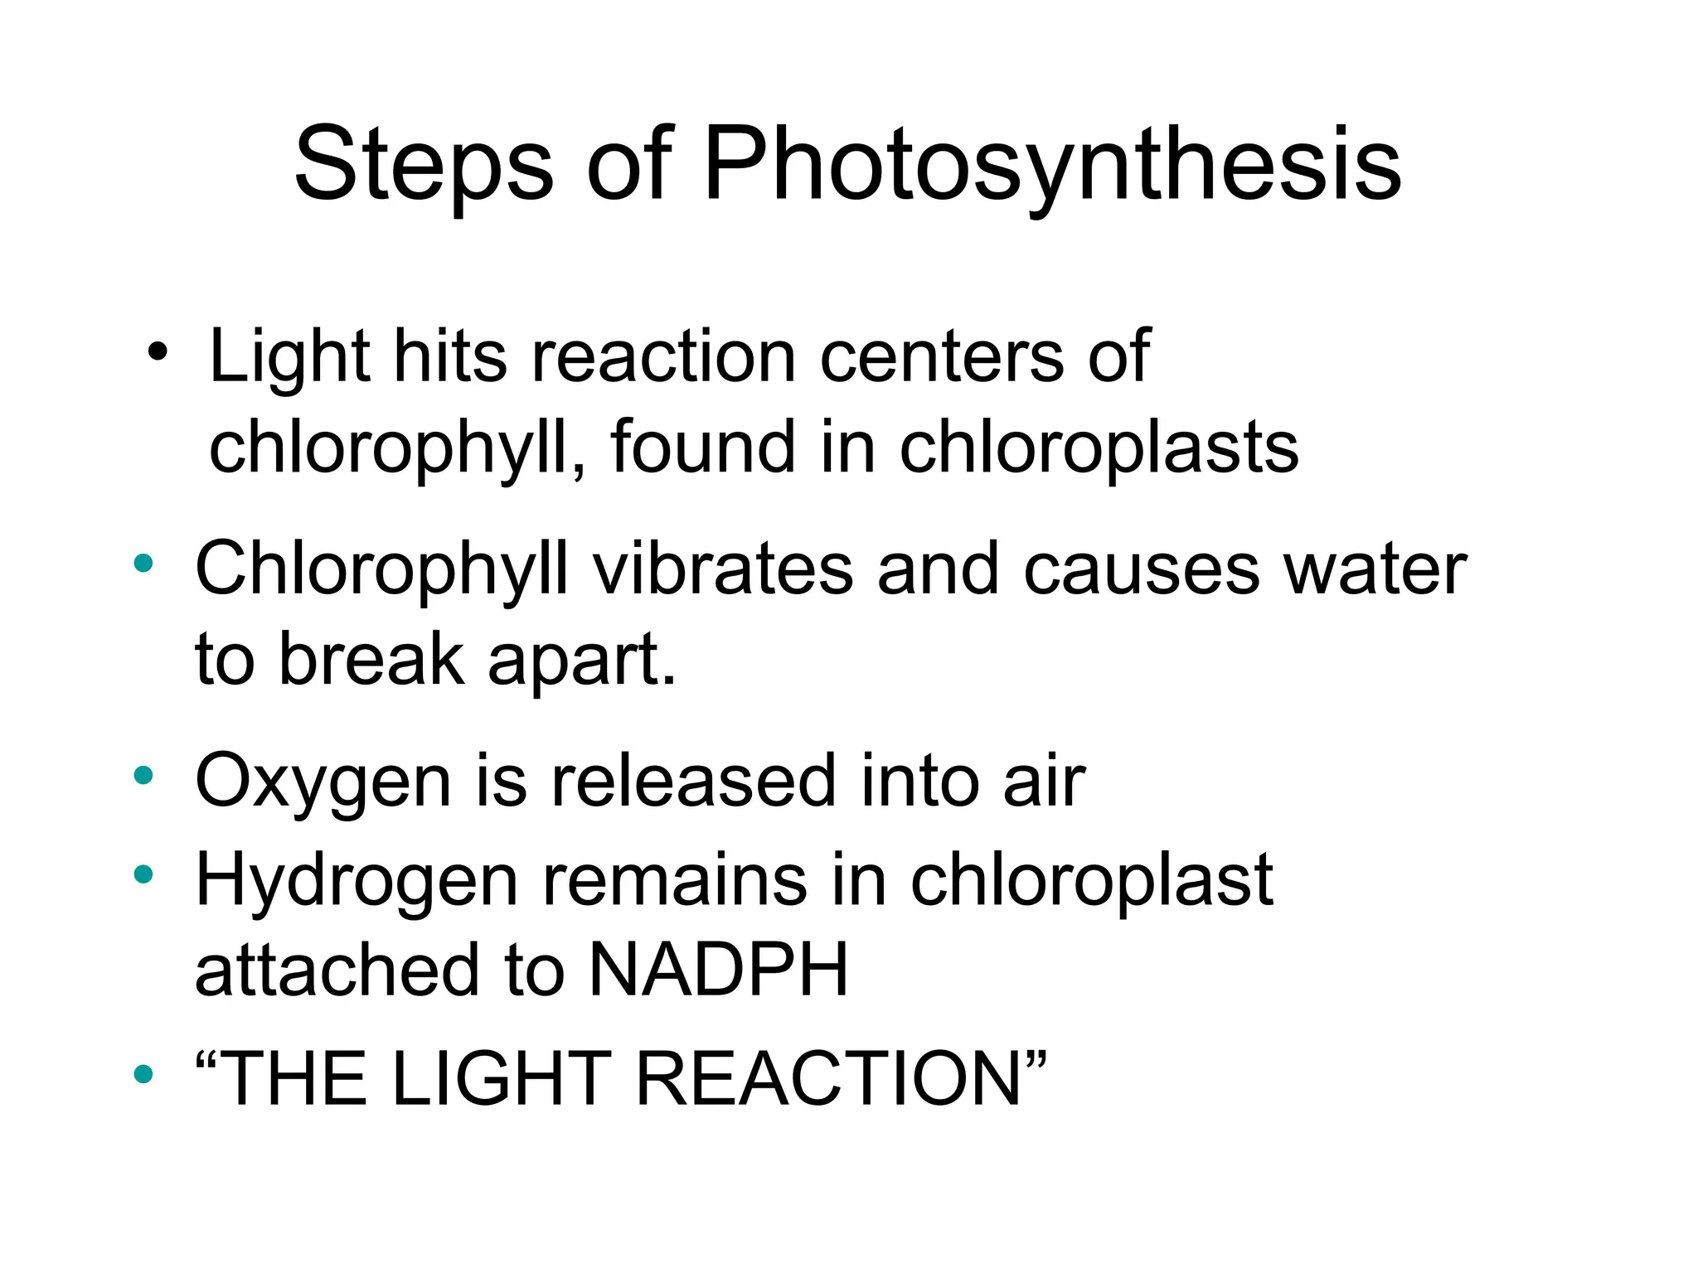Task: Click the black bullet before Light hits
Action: click(157, 354)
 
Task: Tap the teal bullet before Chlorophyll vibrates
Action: click(143, 564)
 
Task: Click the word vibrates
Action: click(722, 569)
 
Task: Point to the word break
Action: click(371, 659)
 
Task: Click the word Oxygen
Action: click(323, 782)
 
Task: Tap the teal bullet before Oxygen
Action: click(143, 775)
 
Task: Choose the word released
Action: click(693, 782)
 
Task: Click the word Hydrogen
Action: click(357, 881)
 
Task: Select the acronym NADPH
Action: click(718, 970)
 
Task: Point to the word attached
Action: click(337, 970)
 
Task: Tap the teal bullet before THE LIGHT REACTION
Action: click(143, 1074)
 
